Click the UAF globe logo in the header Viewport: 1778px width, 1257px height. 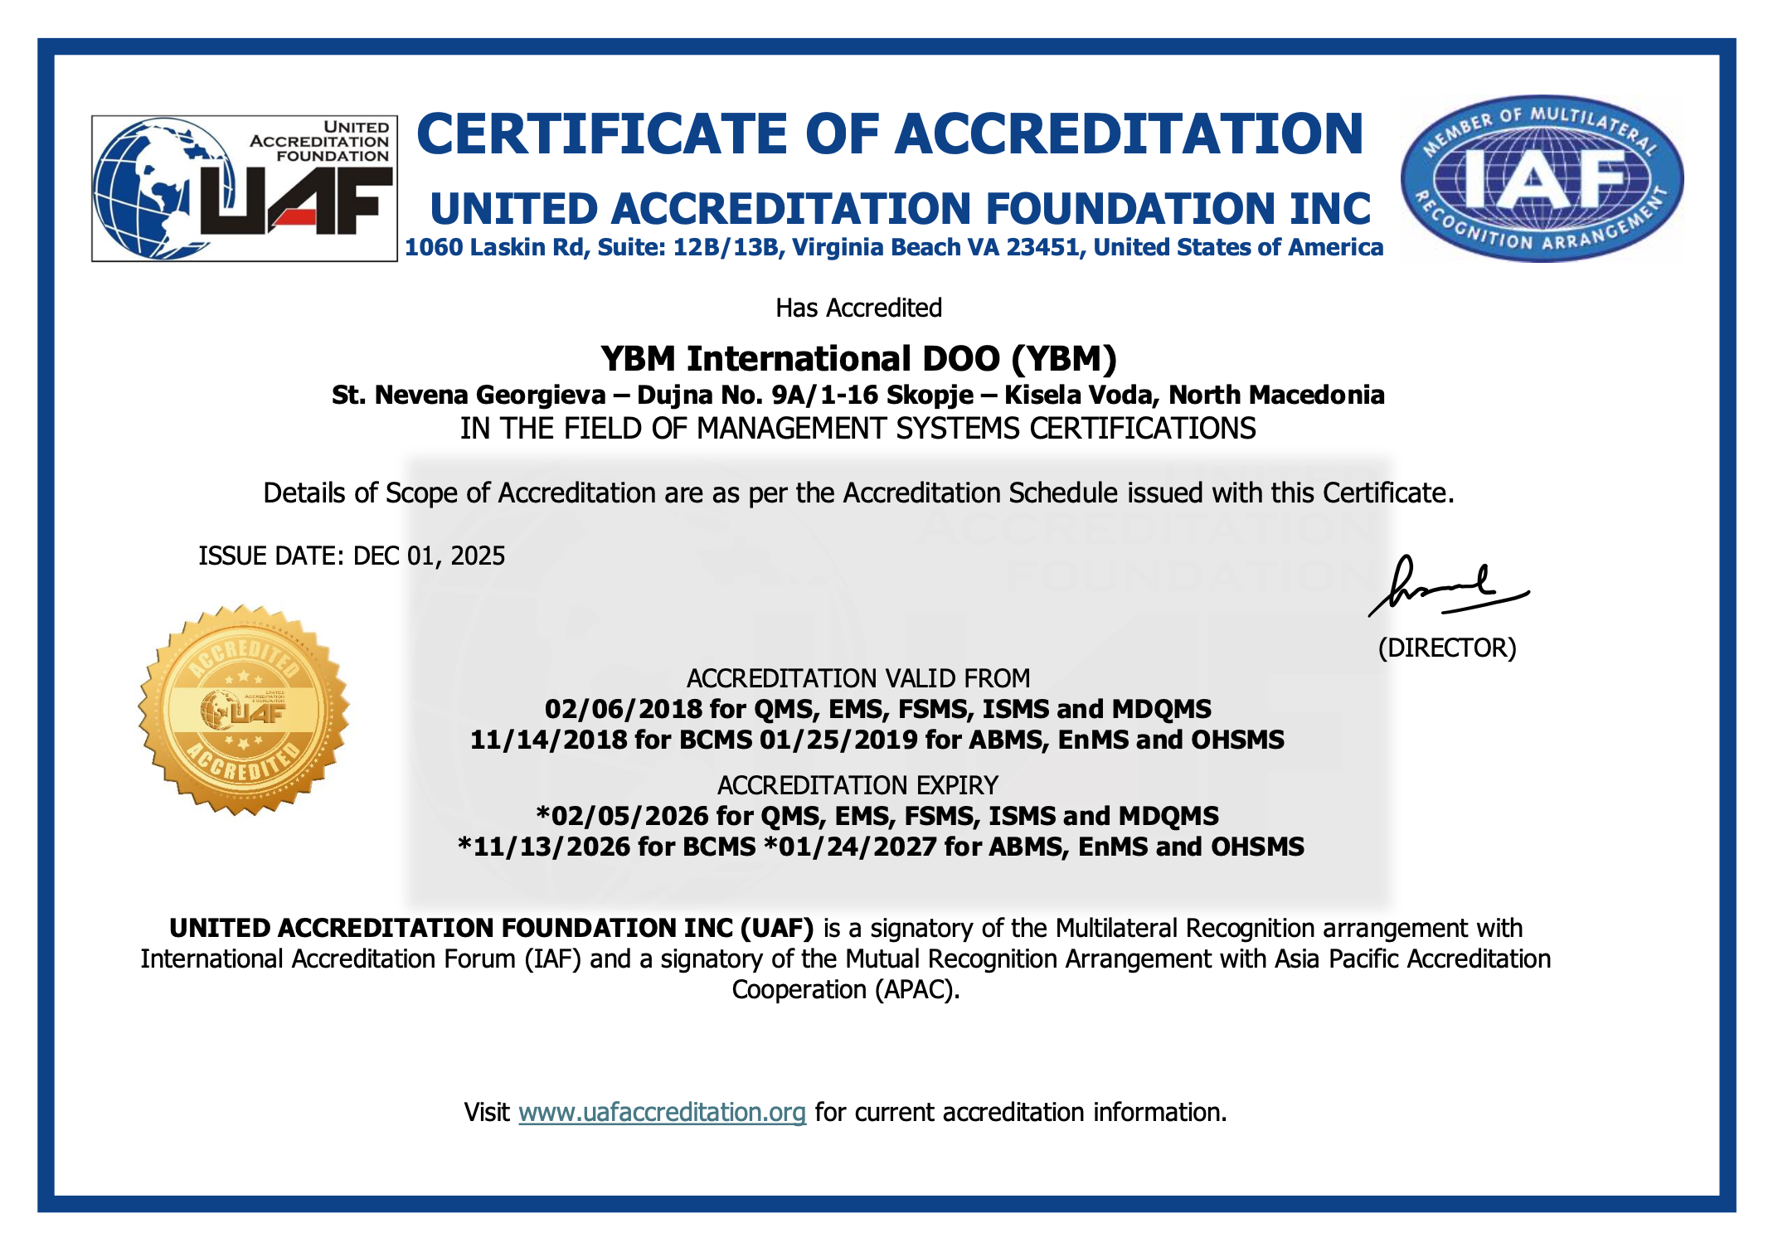pyautogui.click(x=244, y=189)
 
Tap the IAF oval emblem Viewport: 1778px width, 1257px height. pyautogui.click(x=1542, y=178)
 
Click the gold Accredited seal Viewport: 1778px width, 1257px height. pyautogui.click(x=244, y=710)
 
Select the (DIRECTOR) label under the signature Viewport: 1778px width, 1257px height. pyautogui.click(x=1447, y=648)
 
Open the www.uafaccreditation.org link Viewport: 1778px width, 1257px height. pyautogui.click(x=662, y=1112)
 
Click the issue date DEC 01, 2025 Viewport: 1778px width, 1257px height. pyautogui.click(x=429, y=556)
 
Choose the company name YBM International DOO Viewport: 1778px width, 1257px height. pyautogui.click(x=800, y=359)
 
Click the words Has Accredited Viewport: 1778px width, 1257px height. pyautogui.click(x=858, y=308)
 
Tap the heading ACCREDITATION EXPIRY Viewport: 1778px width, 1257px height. pyautogui.click(x=857, y=785)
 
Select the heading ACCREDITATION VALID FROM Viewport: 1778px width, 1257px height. pyautogui.click(x=858, y=678)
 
